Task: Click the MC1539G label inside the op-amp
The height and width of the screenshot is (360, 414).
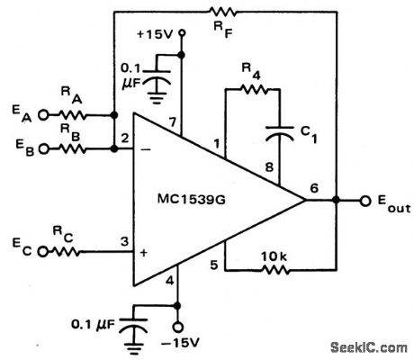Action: click(x=196, y=198)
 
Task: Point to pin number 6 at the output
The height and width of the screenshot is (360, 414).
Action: click(x=313, y=187)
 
